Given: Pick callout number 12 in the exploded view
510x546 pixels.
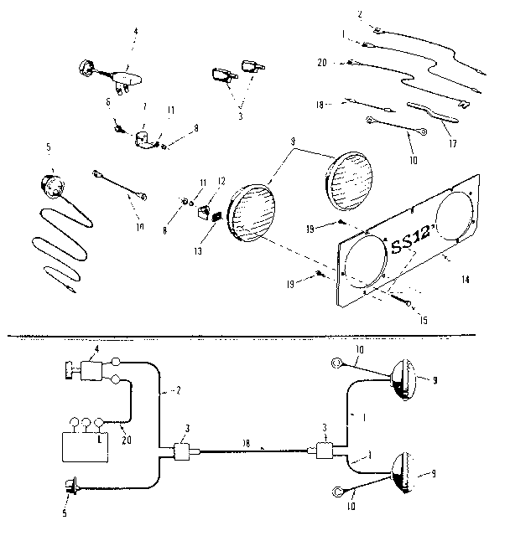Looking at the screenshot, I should (x=222, y=181).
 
